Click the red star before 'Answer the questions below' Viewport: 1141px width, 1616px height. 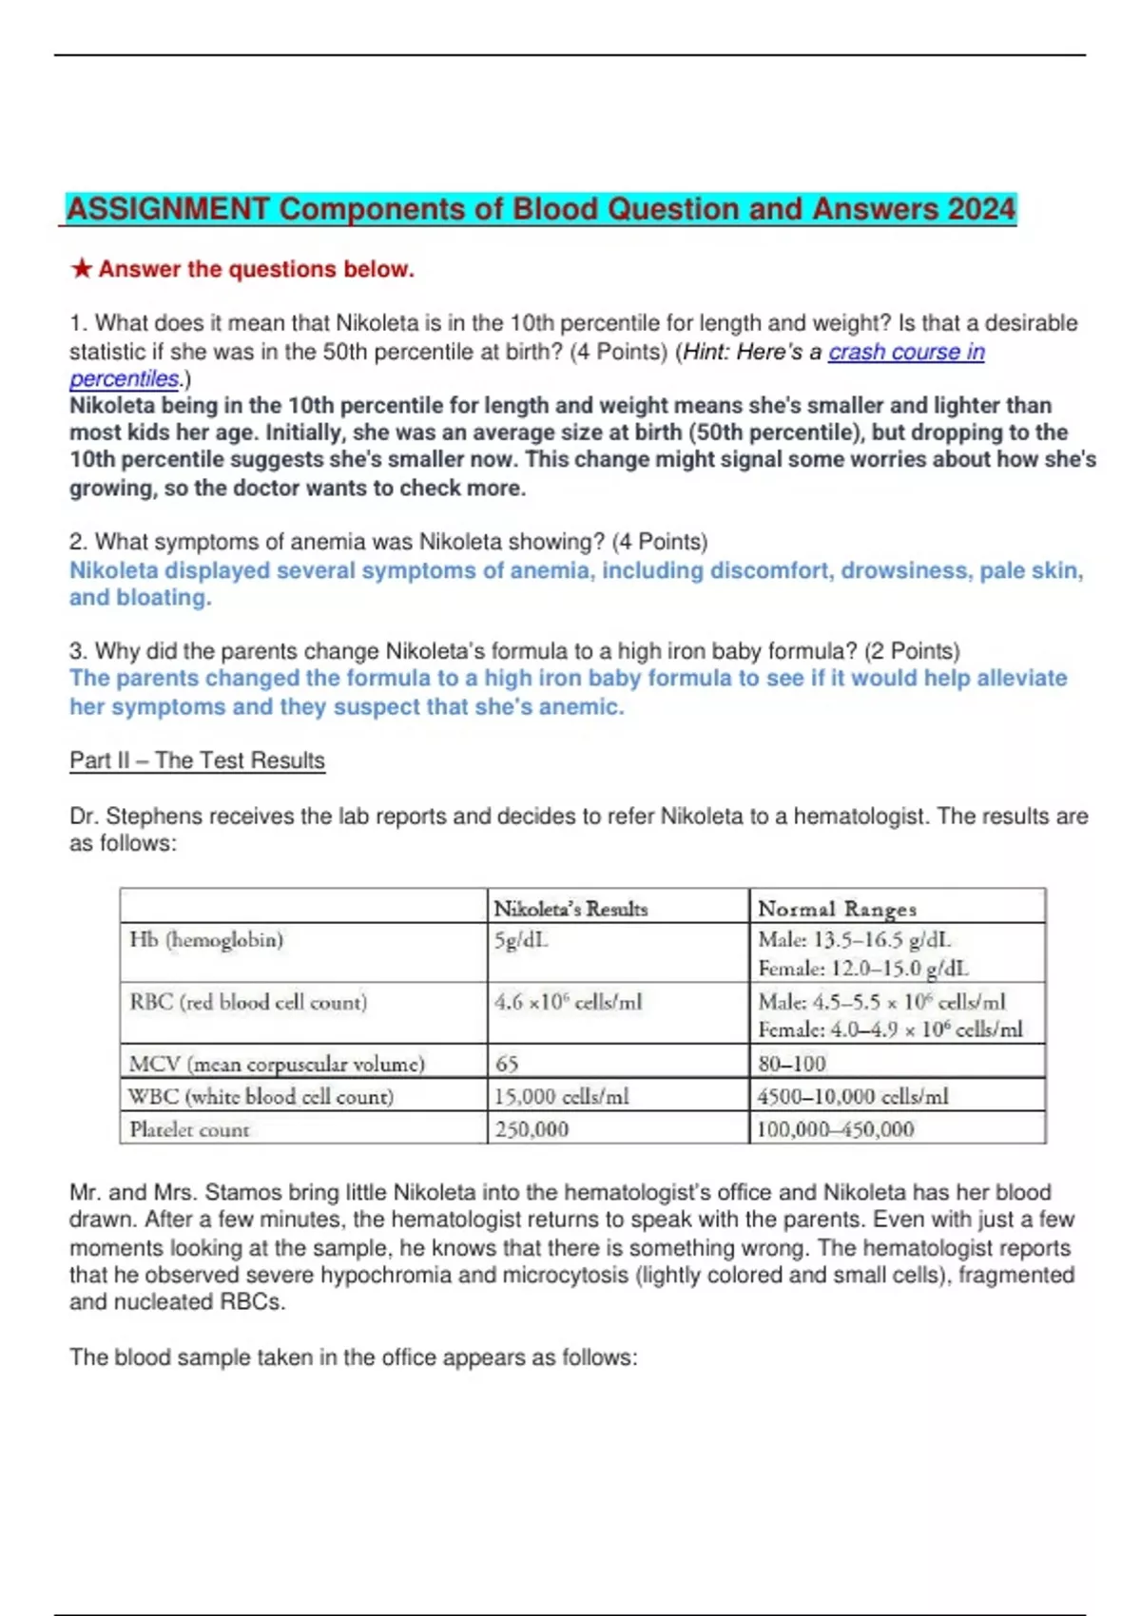(82, 269)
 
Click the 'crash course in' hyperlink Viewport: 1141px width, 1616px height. (906, 352)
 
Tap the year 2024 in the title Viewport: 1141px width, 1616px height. (979, 209)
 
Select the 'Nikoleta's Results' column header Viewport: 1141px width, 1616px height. (570, 909)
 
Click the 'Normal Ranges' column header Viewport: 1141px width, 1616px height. (837, 909)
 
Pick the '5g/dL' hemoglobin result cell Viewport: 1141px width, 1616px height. (521, 940)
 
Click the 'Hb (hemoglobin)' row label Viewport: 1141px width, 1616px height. (206, 940)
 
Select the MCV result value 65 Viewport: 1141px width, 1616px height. (507, 1064)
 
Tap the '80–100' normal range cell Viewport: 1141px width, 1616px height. (791, 1064)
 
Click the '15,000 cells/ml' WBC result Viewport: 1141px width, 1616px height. (561, 1096)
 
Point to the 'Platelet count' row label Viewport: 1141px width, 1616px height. (189, 1129)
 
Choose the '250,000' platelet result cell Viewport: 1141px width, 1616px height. (532, 1129)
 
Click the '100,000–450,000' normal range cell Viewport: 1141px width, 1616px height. (835, 1129)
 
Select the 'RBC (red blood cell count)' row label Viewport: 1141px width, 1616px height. (247, 1002)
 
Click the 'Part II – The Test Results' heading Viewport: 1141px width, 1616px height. (197, 760)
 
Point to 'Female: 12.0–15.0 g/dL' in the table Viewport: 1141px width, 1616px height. (862, 969)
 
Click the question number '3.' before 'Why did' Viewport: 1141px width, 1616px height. (78, 651)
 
